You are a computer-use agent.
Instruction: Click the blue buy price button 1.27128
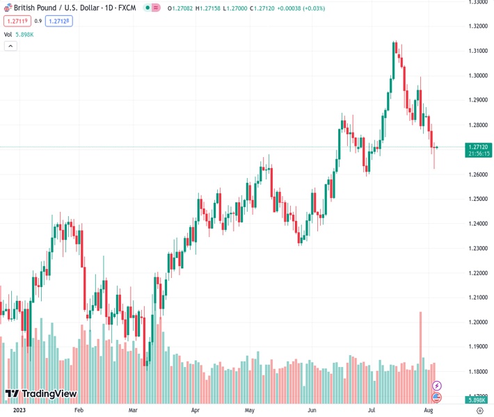point(60,21)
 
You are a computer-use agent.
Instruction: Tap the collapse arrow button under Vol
point(10,46)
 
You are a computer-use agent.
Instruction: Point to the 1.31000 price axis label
point(478,51)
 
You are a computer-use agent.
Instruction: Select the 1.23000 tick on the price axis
point(478,248)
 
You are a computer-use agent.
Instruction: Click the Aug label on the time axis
point(429,411)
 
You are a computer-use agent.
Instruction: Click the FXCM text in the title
point(127,8)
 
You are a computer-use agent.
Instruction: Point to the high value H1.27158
point(208,8)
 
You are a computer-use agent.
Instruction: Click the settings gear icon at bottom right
point(479,411)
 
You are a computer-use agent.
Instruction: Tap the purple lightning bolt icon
point(436,385)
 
